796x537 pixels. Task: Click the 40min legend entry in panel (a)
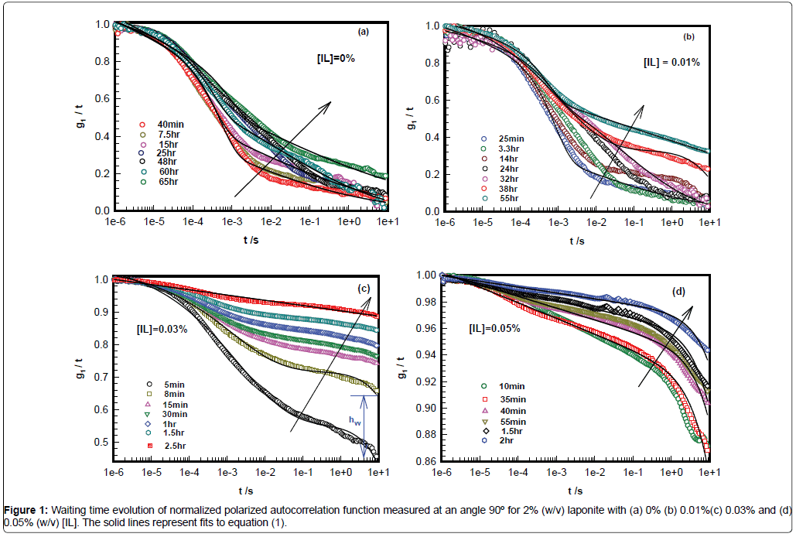coord(169,124)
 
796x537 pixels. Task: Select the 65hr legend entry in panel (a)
coord(169,183)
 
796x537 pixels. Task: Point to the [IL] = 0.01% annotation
coord(672,63)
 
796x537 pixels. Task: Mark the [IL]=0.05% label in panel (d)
coord(495,328)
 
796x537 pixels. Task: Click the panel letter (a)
coord(363,32)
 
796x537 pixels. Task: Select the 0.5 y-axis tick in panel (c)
coord(100,443)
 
